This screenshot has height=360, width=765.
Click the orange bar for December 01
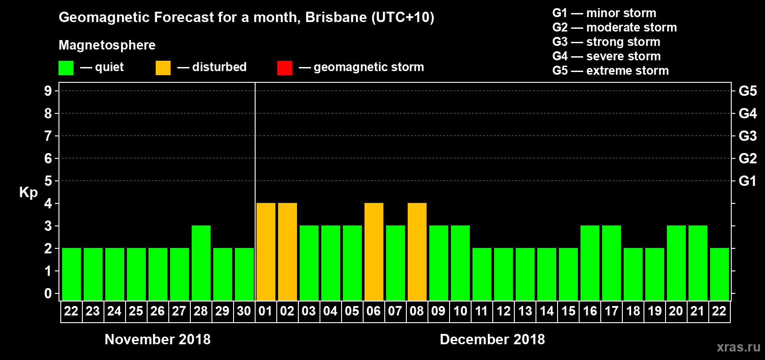265,252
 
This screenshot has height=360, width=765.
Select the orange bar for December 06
373,252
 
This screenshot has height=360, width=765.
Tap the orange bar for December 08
417,252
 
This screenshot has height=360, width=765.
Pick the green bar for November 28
201,263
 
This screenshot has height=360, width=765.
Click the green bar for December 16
589,263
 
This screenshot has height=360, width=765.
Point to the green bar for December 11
481,274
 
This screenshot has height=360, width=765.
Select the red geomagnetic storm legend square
284,68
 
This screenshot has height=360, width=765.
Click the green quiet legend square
66,68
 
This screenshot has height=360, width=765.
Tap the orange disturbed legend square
163,68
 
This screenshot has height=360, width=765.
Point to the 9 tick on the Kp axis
48,91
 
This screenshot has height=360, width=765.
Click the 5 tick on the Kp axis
48,181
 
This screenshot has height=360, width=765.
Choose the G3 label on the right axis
747,136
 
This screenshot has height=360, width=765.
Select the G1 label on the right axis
747,181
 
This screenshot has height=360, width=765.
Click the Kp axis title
28,192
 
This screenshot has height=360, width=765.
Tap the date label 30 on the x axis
244,311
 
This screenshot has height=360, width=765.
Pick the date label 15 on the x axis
568,311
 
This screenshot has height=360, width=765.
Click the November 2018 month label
157,339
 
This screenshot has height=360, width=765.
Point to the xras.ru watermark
738,347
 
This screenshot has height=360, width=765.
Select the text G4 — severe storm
606,56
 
